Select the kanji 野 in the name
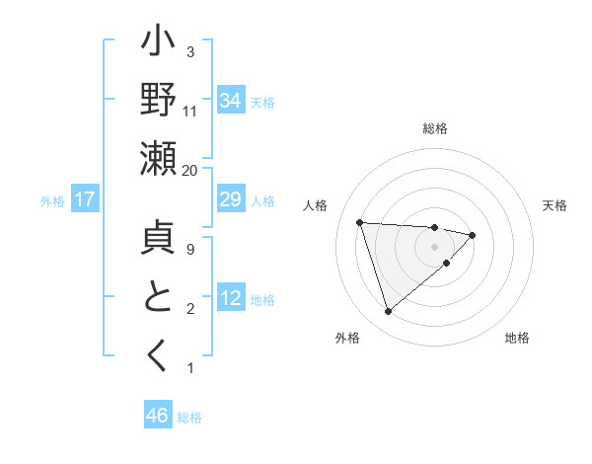click(158, 102)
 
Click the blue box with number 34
click(231, 100)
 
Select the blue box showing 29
click(231, 200)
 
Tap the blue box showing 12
click(231, 299)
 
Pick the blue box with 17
click(85, 200)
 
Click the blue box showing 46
click(157, 416)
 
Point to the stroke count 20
click(190, 170)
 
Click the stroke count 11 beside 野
click(190, 111)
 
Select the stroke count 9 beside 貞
click(190, 250)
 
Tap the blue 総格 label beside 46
click(189, 418)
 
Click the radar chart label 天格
click(555, 205)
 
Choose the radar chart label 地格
click(517, 338)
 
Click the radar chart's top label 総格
click(435, 128)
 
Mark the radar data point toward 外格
click(388, 312)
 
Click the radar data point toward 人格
click(360, 222)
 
